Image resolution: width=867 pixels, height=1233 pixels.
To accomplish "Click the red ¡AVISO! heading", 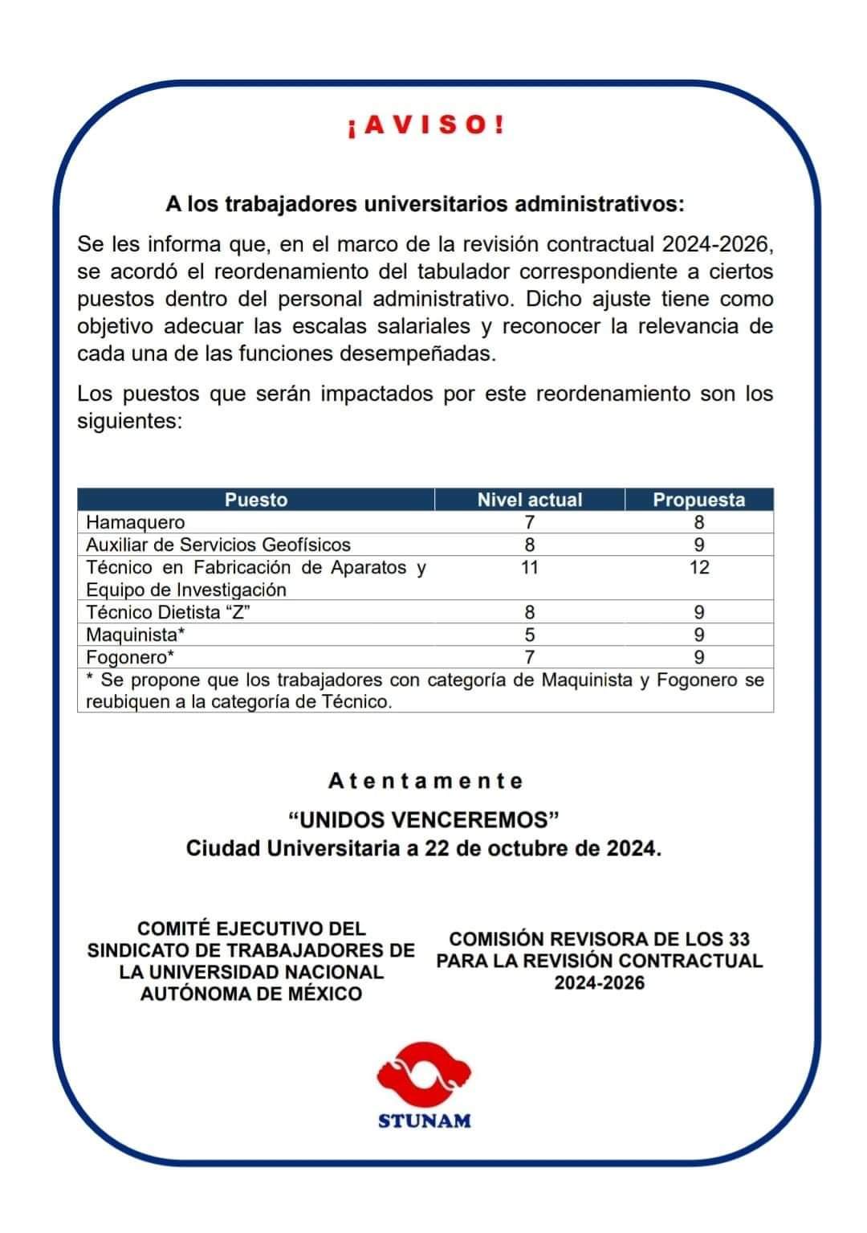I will pos(426,125).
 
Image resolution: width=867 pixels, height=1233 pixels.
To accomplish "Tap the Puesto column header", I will pos(255,500).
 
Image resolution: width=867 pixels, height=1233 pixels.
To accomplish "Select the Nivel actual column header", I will pos(529,500).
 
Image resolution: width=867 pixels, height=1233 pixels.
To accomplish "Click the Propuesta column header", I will pos(698,500).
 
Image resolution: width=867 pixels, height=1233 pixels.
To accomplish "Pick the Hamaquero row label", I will pos(135,522).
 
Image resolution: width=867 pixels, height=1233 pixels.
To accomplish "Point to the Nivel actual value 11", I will pos(529,567).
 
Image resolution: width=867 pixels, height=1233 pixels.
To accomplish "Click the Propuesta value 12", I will pos(698,567).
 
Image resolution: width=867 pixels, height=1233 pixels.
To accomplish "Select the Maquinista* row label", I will pos(135,635).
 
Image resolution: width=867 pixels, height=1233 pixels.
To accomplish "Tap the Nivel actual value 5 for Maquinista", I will pos(529,635).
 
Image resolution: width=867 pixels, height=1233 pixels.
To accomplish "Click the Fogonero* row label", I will pos(130,657).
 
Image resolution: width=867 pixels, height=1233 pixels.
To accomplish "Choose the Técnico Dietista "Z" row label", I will pos(169,612).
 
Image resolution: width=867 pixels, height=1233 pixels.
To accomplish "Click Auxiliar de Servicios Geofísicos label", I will pos(218,545).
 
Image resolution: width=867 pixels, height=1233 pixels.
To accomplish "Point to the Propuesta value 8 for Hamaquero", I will pos(698,522).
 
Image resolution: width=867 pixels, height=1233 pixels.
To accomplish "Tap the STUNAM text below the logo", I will pos(425,1121).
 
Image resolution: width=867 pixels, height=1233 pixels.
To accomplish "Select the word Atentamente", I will pos(425,781).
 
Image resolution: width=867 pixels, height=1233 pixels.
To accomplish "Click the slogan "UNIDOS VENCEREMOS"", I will pos(424,819).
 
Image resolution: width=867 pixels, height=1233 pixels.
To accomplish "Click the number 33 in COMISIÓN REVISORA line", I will pos(739,939).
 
